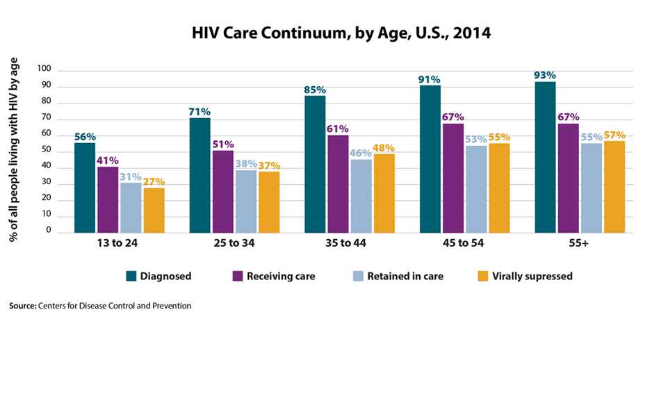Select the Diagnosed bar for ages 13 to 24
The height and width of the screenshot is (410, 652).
tap(84, 188)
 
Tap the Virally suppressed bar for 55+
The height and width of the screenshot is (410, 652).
tap(614, 187)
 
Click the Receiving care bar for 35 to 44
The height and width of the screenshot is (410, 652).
tap(339, 183)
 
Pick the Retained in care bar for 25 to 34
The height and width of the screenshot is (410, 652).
tap(246, 202)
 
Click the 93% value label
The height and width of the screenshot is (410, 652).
tap(545, 75)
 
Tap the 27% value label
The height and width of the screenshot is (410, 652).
tap(154, 181)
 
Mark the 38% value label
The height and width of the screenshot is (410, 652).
tap(246, 164)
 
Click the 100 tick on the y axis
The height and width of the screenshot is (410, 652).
tap(44, 69)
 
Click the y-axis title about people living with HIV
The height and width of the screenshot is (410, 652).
tap(14, 149)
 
